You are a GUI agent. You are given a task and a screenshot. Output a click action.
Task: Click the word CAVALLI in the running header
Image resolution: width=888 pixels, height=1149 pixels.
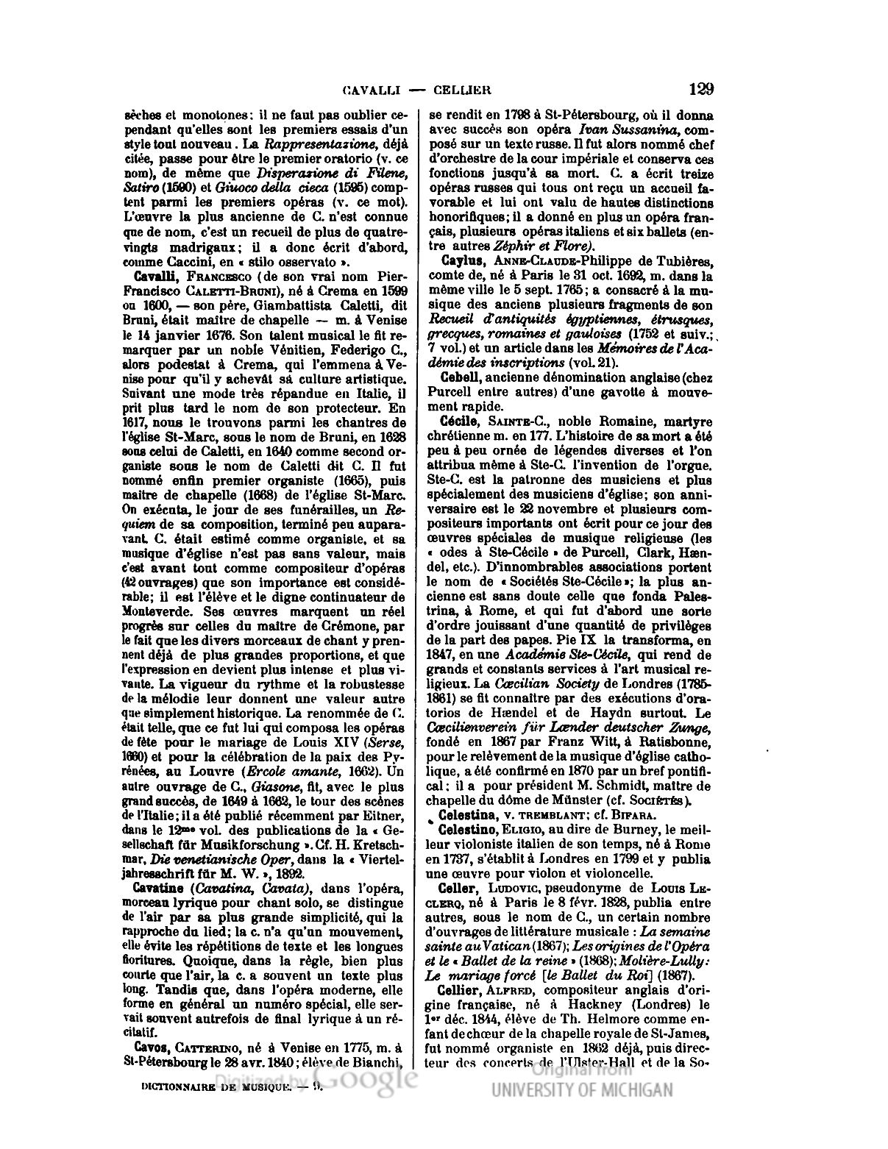point(371,90)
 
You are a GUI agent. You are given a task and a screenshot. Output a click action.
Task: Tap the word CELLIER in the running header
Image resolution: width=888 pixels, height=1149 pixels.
point(461,90)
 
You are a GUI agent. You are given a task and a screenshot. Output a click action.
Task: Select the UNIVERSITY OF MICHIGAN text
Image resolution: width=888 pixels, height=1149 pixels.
point(582,1090)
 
